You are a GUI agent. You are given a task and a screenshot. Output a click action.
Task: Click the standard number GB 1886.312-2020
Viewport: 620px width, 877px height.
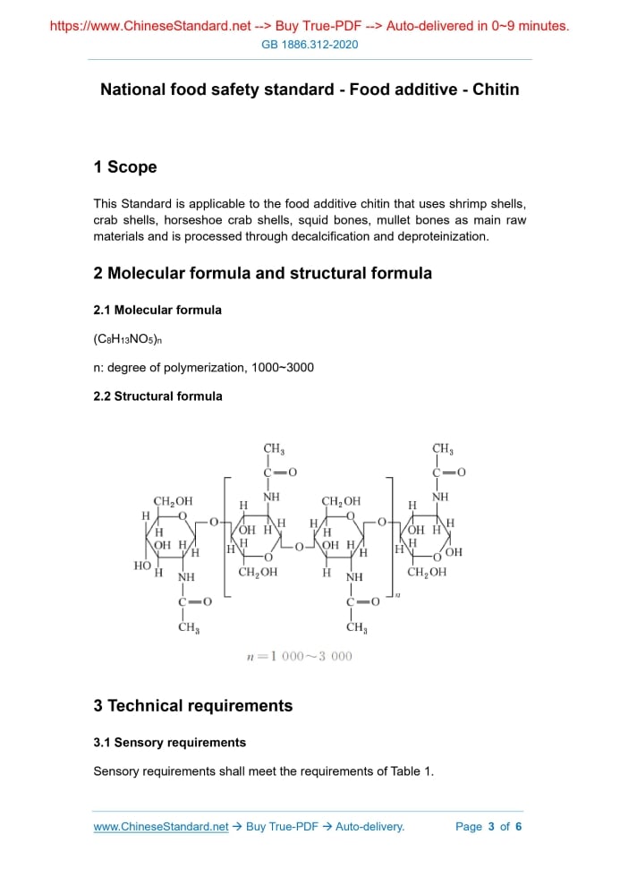(x=310, y=45)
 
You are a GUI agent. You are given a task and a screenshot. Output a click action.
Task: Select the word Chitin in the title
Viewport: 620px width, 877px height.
(x=496, y=89)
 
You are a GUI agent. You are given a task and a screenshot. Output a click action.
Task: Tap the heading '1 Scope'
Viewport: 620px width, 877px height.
(x=125, y=167)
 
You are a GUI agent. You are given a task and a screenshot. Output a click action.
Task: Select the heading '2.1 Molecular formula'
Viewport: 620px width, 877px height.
(x=157, y=310)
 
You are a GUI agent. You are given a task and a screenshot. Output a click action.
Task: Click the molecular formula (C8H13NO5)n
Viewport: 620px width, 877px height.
(x=125, y=339)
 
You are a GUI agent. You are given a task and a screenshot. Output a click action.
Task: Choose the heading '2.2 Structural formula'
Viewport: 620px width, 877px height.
(x=158, y=396)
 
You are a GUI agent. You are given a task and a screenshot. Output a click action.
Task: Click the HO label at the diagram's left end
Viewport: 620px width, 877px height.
(x=141, y=566)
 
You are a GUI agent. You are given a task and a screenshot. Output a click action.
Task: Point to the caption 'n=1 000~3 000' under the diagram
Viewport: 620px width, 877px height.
(x=300, y=656)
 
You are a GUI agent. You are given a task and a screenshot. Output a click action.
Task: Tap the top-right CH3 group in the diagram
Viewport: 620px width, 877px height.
(x=443, y=449)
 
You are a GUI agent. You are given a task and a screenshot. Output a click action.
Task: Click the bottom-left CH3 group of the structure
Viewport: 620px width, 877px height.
(x=188, y=627)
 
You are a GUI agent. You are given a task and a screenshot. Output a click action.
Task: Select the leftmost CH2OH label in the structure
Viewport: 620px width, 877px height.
(x=173, y=502)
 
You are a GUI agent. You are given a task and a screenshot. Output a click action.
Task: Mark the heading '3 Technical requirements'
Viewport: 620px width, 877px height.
(x=193, y=705)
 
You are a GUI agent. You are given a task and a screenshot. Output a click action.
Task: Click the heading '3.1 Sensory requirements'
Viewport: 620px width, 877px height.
(x=170, y=742)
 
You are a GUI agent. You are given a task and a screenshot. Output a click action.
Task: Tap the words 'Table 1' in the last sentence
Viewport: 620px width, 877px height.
(x=412, y=771)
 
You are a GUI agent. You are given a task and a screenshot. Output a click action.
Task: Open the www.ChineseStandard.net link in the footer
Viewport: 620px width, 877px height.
(x=161, y=826)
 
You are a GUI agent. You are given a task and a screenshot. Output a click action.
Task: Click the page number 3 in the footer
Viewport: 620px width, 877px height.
(x=491, y=826)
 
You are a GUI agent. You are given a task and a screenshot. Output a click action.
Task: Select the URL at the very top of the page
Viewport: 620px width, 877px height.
(x=150, y=26)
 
